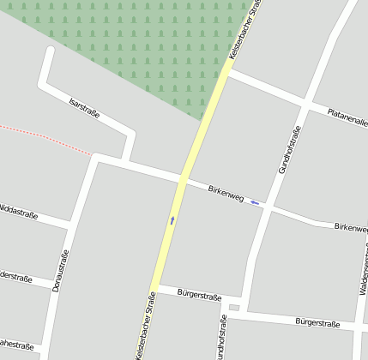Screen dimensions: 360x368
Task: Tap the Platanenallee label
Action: click(x=347, y=117)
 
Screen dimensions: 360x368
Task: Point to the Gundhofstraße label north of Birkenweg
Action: click(x=290, y=150)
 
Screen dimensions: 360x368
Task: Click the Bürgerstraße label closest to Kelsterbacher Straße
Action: click(x=194, y=294)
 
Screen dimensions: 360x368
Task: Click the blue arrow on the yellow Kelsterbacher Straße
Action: click(x=172, y=221)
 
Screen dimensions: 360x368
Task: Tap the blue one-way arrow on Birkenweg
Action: click(x=255, y=202)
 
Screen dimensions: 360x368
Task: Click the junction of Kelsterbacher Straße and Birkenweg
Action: click(x=183, y=178)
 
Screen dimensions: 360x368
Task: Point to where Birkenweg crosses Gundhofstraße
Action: click(x=267, y=207)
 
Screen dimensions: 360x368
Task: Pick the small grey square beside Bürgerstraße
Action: click(x=234, y=307)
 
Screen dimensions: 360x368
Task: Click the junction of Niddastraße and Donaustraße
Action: click(x=69, y=225)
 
